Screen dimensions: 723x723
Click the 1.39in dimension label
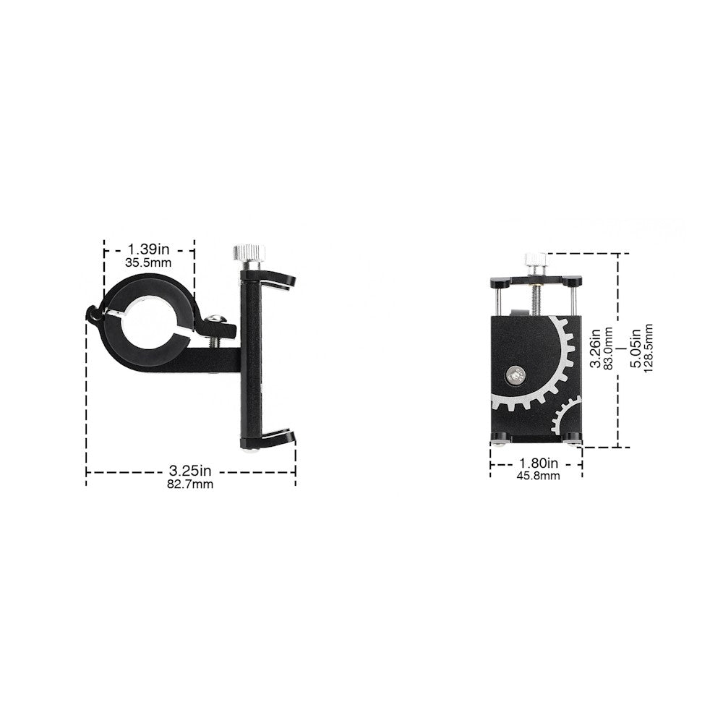coord(149,249)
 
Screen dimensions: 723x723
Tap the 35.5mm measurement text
coord(149,263)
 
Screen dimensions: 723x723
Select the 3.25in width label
coord(190,470)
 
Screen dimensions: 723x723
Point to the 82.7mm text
coord(190,484)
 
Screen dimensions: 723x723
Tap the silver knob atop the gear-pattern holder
coord(535,262)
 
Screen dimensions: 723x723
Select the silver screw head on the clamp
coord(215,319)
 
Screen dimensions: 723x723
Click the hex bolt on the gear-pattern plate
coord(515,374)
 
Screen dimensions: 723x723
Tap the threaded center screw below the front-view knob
coord(536,296)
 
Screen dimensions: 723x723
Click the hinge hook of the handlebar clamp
coord(93,315)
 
